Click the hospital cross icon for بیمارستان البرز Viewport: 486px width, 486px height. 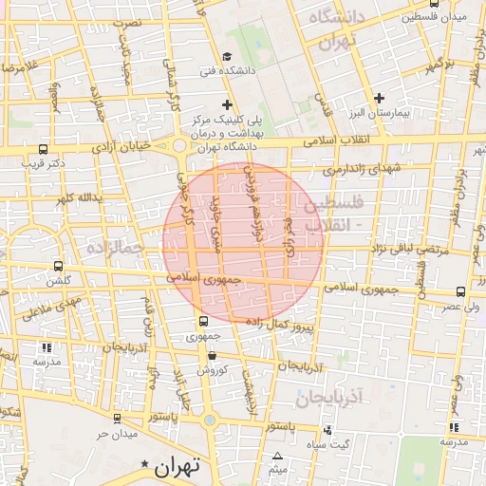tap(379, 98)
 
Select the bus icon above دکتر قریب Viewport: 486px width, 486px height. tap(43, 149)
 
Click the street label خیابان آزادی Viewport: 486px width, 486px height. tap(121, 147)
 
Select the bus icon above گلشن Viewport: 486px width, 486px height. tap(59, 267)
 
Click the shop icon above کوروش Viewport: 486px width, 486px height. tap(212, 356)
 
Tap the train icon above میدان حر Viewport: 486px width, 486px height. tap(117, 419)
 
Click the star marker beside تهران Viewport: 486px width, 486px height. tap(144, 464)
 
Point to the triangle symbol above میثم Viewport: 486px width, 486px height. tap(276, 458)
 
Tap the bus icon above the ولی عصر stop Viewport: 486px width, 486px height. tap(460, 292)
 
